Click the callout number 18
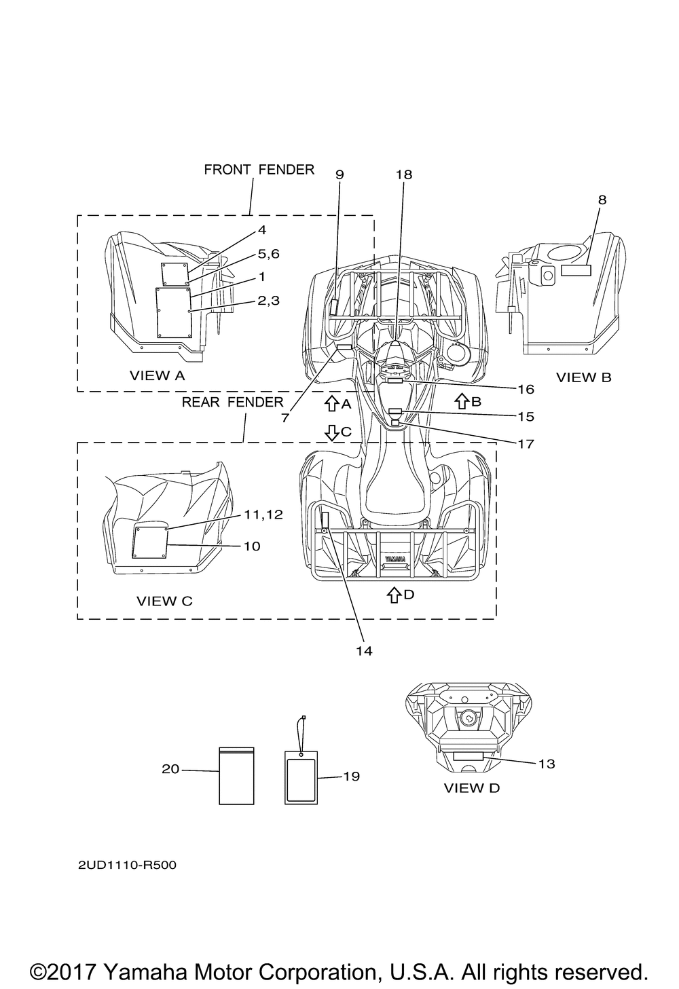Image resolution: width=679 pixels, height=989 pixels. [x=404, y=175]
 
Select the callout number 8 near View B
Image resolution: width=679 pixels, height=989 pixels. [x=602, y=200]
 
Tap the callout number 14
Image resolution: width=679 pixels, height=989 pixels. [x=365, y=651]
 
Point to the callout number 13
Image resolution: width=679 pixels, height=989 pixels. [x=547, y=764]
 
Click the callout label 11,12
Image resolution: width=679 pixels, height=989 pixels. [x=263, y=515]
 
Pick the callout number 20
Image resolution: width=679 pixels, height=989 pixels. [x=170, y=769]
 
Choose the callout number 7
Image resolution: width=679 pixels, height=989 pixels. [x=285, y=417]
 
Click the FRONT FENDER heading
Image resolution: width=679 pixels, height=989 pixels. [x=259, y=170]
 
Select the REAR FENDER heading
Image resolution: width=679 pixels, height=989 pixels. [x=233, y=402]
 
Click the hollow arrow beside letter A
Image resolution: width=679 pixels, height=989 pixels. [x=331, y=403]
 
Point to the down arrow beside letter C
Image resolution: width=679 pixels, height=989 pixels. [x=331, y=432]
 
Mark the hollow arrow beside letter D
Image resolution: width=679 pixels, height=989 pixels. [x=394, y=595]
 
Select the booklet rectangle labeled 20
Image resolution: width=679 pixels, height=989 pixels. [x=237, y=776]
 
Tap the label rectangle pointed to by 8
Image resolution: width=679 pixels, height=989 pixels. [x=576, y=269]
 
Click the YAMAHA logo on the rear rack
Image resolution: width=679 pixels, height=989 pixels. [x=395, y=559]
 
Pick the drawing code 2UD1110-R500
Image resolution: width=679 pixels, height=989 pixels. [x=127, y=865]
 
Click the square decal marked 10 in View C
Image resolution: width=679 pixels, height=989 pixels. [x=150, y=542]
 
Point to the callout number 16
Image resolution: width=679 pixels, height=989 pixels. [x=526, y=390]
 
